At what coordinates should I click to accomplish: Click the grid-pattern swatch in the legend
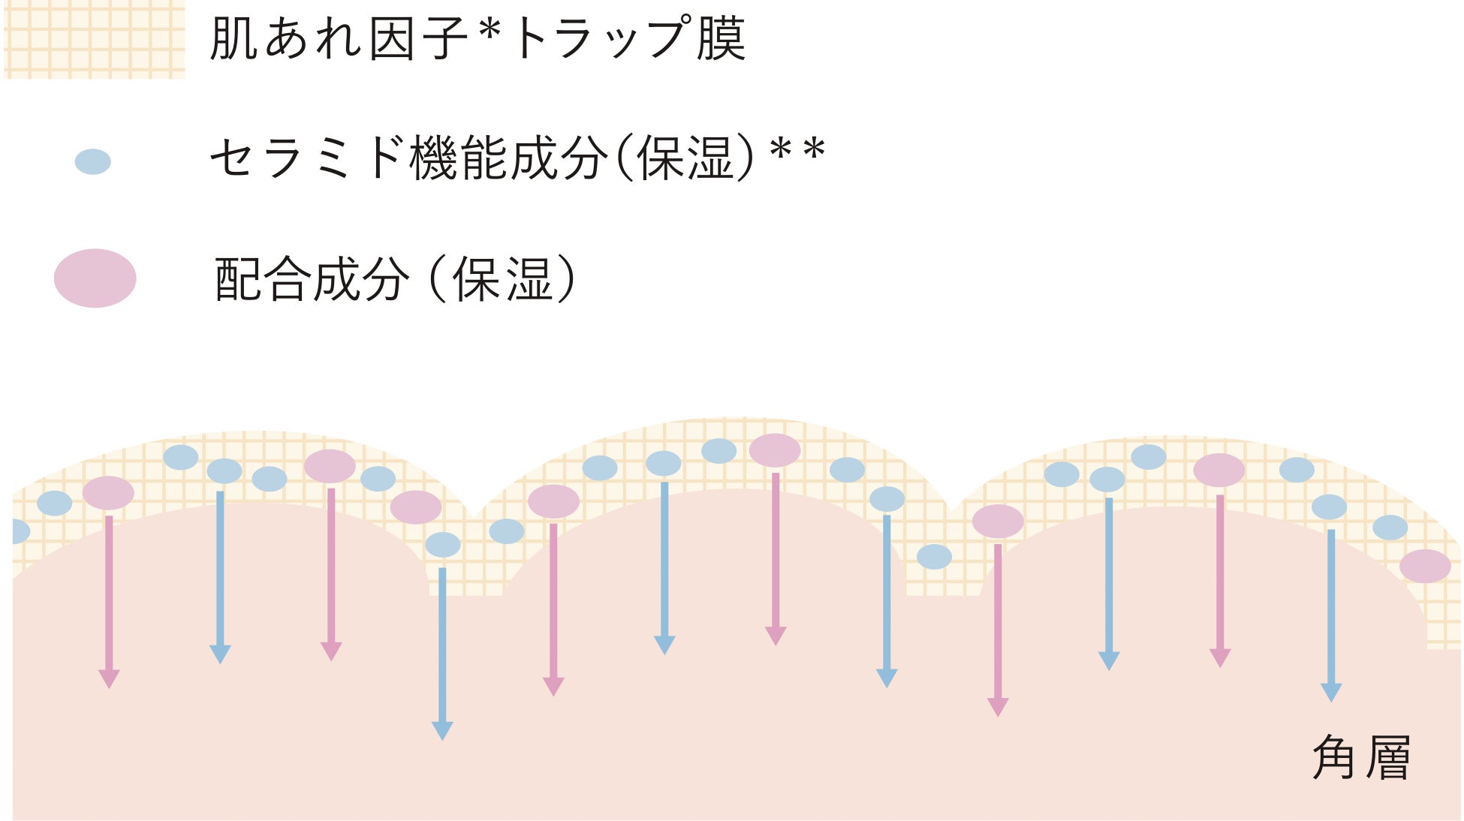click(x=94, y=39)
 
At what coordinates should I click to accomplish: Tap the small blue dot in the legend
click(x=93, y=161)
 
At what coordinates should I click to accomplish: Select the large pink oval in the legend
click(x=95, y=278)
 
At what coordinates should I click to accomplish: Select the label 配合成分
click(x=312, y=279)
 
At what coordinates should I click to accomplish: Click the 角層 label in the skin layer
click(x=1360, y=757)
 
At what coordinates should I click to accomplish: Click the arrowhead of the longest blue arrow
click(x=442, y=730)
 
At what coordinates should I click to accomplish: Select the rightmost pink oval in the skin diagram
click(x=1425, y=566)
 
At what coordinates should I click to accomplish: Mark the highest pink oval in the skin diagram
click(x=775, y=450)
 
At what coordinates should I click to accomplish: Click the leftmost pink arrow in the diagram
click(x=109, y=600)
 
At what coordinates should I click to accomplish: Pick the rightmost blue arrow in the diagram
click(x=1331, y=615)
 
